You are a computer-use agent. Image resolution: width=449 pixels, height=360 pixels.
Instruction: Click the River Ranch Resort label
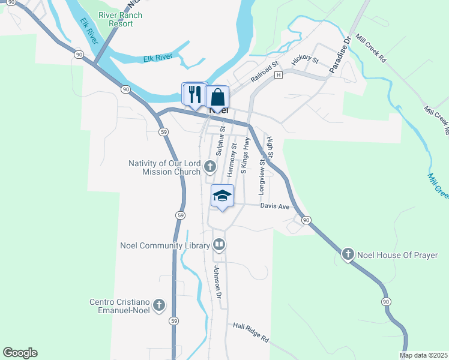(x=121, y=19)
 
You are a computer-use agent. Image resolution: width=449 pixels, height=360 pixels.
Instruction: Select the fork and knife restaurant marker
(x=194, y=94)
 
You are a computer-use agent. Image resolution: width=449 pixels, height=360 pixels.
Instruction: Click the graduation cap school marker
(x=222, y=196)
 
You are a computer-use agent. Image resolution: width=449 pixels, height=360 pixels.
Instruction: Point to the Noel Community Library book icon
(x=220, y=245)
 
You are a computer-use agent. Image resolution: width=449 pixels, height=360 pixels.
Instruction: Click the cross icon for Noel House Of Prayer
(x=347, y=255)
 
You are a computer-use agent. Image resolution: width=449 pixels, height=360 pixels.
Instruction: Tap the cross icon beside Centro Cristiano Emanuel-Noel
(x=159, y=305)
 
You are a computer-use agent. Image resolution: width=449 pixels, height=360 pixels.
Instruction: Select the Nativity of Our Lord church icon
(x=210, y=166)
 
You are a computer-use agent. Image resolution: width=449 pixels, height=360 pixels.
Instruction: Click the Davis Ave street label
(x=275, y=206)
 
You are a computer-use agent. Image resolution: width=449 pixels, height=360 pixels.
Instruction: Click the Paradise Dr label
(x=339, y=56)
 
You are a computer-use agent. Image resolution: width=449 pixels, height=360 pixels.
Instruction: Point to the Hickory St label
(x=304, y=61)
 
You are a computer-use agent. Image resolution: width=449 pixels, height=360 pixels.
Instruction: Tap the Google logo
(x=20, y=353)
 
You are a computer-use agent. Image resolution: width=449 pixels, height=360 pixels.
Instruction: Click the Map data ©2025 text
(x=424, y=355)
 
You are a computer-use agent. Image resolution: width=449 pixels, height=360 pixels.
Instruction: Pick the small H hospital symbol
(x=279, y=75)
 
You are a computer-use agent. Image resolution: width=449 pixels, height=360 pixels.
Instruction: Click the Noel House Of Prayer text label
(x=397, y=255)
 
